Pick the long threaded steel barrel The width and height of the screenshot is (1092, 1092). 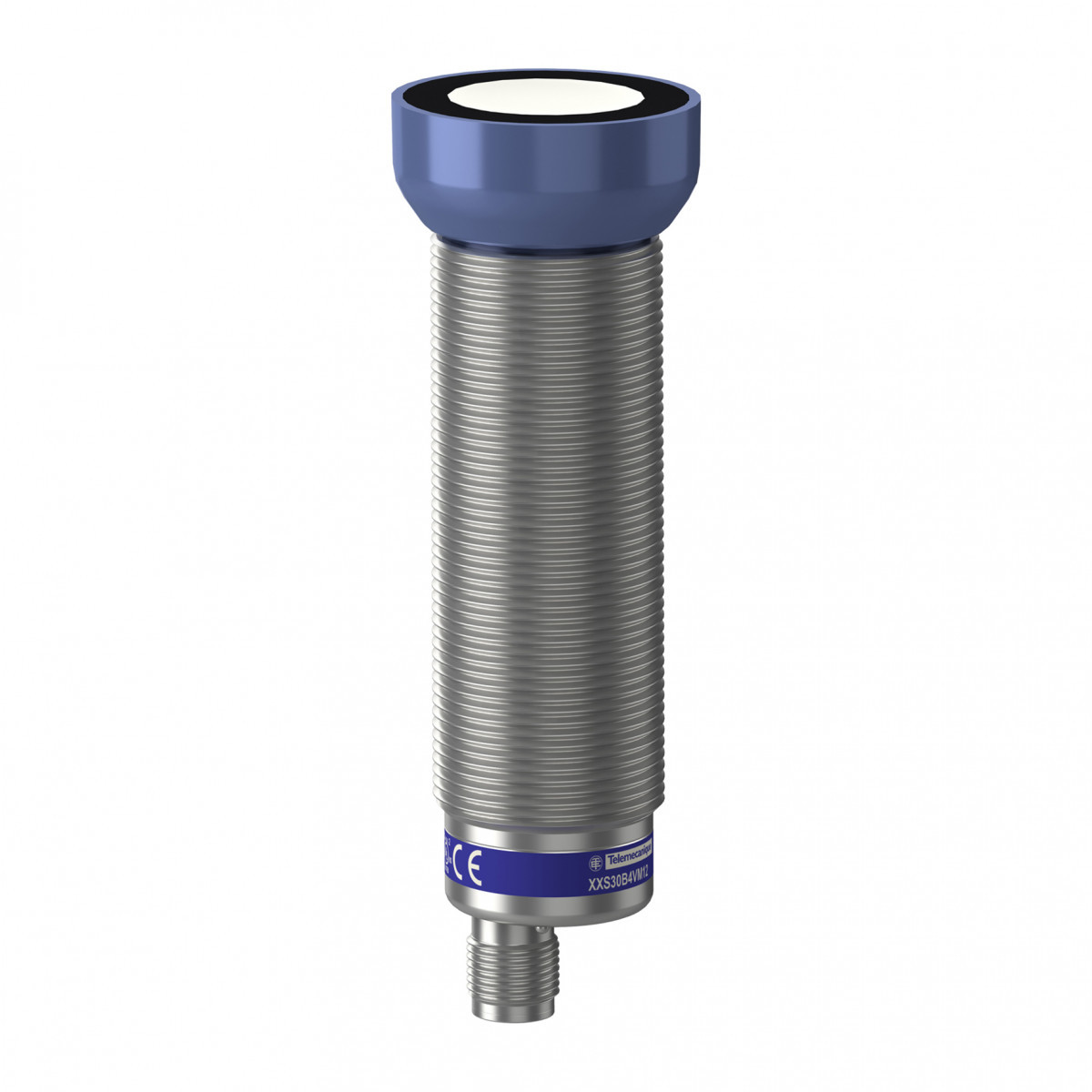[x=546, y=528]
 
